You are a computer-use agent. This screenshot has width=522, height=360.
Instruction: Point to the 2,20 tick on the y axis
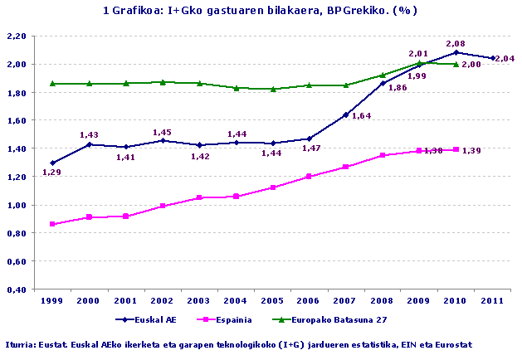(17, 36)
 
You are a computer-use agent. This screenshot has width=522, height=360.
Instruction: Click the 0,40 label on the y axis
(17, 289)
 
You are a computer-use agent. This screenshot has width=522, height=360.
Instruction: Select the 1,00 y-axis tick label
(17, 205)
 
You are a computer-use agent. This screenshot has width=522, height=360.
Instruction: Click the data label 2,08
(455, 42)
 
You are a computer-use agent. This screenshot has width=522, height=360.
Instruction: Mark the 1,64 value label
(361, 116)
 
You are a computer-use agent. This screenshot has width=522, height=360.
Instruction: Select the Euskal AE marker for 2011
(494, 58)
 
